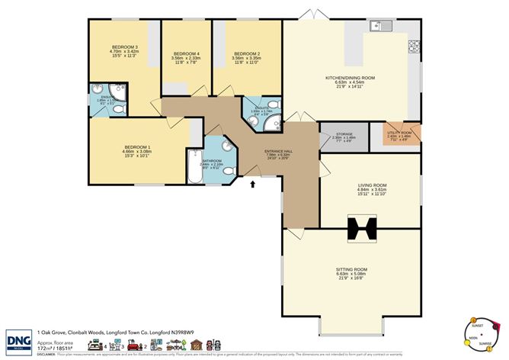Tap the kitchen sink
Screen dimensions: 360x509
(x=379, y=27)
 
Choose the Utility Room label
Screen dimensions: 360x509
(x=399, y=135)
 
